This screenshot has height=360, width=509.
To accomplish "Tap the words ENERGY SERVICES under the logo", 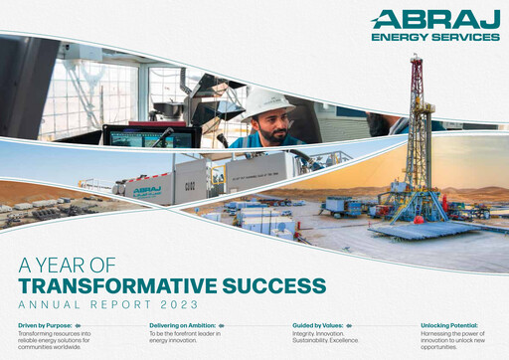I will coord(434,38).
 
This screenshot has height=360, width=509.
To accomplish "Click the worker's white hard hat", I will coord(267,102).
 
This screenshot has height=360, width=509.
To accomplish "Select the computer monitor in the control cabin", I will coord(139,136).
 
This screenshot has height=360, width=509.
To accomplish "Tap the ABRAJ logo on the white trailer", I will coord(147,189).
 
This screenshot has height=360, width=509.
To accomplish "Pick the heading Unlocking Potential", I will coord(449,325).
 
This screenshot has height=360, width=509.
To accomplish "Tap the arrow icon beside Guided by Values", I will coord(352,325).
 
